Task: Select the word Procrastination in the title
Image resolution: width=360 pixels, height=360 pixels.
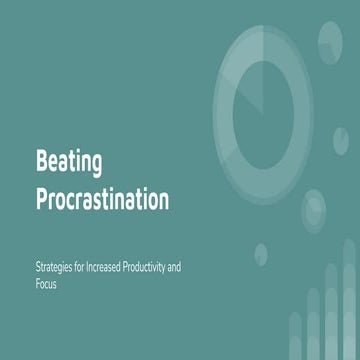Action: (x=101, y=198)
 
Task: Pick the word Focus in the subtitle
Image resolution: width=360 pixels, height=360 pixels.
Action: (x=47, y=284)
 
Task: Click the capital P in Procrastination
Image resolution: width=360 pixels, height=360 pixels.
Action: (x=42, y=198)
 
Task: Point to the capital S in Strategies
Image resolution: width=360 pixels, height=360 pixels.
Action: (x=37, y=267)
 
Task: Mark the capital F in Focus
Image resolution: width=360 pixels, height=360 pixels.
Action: (x=38, y=284)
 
